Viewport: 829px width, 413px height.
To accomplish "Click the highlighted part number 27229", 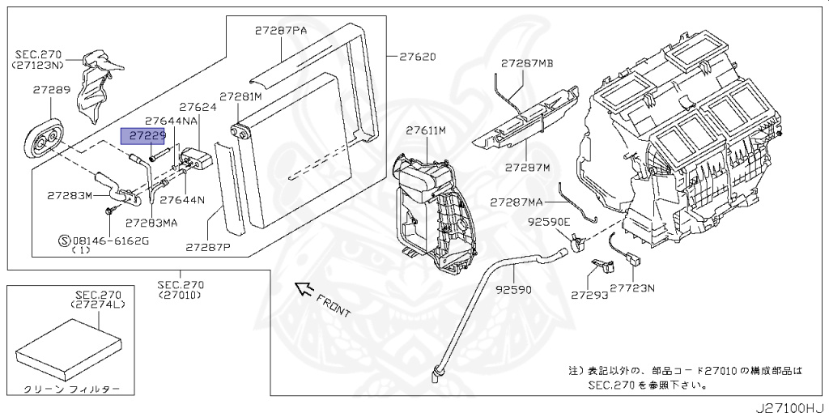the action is [x=143, y=136].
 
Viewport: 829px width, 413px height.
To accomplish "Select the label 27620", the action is [x=418, y=57].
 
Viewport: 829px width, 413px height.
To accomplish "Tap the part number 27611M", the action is [x=426, y=130].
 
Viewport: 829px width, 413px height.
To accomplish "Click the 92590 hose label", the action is [x=513, y=290].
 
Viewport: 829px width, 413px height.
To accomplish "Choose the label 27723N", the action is [x=633, y=288].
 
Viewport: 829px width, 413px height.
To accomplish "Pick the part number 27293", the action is [x=589, y=295].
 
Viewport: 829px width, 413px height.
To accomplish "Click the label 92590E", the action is [x=549, y=223].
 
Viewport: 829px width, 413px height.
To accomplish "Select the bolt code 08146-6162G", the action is [x=110, y=241].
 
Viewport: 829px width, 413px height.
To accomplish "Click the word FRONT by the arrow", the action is [x=333, y=305].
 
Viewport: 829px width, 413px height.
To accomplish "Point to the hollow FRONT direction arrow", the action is [x=303, y=289].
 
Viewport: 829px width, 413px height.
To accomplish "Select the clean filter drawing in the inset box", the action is [x=69, y=348].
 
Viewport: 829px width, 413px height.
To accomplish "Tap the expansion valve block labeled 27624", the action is [x=197, y=160].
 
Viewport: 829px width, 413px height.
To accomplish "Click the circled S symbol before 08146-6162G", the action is [x=64, y=241].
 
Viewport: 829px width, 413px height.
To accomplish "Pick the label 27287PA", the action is [x=281, y=31].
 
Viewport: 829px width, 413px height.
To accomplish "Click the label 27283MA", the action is [x=151, y=223].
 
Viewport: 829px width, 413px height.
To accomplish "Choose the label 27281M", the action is [x=241, y=97].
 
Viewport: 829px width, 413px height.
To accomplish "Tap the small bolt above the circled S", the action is [x=110, y=210].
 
